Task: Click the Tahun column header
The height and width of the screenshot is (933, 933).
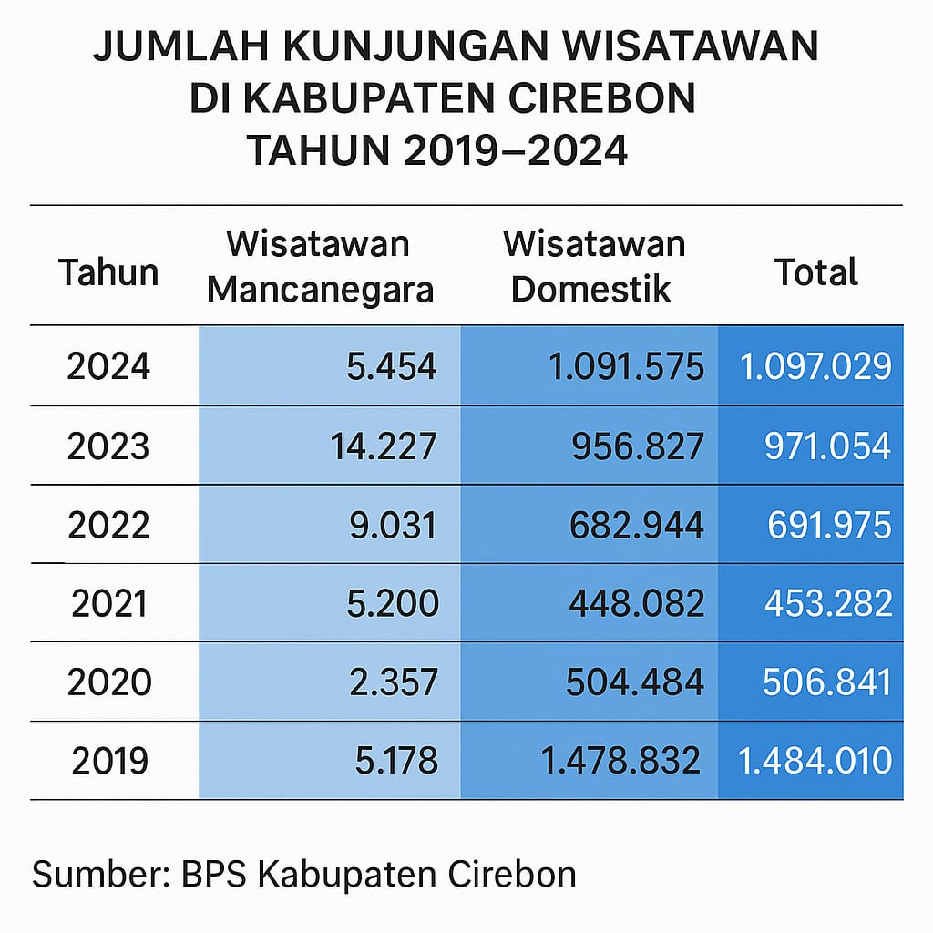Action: (108, 272)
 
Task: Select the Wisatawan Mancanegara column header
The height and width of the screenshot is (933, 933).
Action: (319, 267)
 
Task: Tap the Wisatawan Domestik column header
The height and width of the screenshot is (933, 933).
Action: (593, 267)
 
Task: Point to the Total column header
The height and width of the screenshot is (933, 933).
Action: (815, 272)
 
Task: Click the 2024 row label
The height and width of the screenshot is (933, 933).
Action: (108, 366)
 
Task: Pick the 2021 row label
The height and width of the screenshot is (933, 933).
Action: (108, 603)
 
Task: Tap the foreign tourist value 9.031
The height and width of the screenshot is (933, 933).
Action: (393, 525)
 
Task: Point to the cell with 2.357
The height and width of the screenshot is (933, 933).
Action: (393, 682)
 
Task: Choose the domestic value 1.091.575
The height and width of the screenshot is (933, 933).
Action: (626, 366)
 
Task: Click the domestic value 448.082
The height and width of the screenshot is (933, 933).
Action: (638, 603)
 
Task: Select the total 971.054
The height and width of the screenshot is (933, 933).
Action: (827, 446)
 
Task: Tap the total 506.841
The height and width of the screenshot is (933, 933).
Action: (827, 682)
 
